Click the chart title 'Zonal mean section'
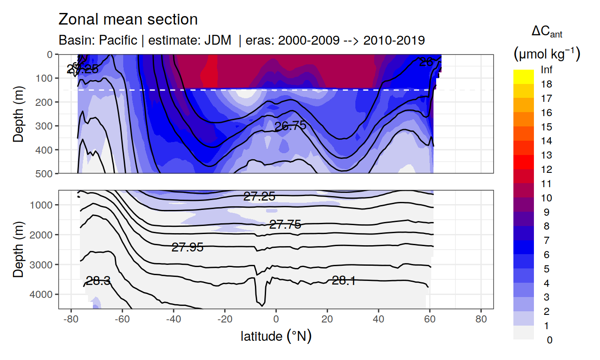128,20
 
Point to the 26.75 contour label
290,126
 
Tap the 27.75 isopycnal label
285,225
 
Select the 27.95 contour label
187,247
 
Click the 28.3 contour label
98,281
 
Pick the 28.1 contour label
344,280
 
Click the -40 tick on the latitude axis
173,321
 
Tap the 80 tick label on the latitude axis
481,321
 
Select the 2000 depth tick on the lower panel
43,235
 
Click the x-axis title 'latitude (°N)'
276,336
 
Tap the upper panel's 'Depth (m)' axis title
18,113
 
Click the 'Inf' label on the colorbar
546,70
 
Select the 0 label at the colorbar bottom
549,340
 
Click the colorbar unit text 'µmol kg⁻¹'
546,54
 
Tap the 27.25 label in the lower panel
259,196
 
